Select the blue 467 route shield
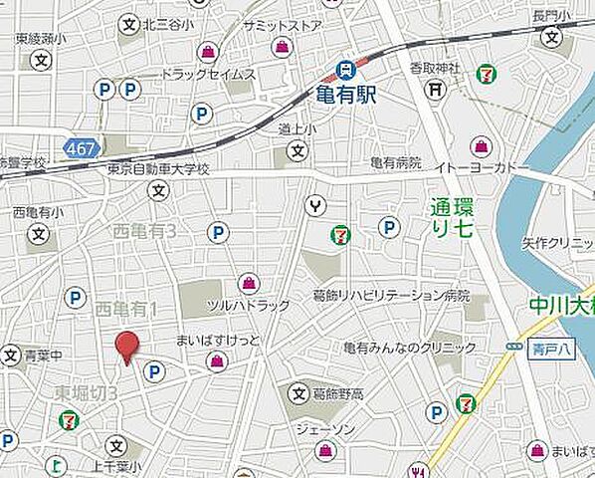pyautogui.click(x=79, y=148)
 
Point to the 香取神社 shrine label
pyautogui.click(x=435, y=68)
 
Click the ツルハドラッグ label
pyautogui.click(x=248, y=305)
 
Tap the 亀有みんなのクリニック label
pyautogui.click(x=409, y=348)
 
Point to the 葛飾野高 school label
pyautogui.click(x=339, y=394)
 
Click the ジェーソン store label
pyautogui.click(x=324, y=428)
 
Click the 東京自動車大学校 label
pyautogui.click(x=159, y=170)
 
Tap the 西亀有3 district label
pyautogui.click(x=143, y=231)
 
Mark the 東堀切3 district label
pyautogui.click(x=87, y=392)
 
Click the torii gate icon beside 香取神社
pyautogui.click(x=435, y=89)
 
